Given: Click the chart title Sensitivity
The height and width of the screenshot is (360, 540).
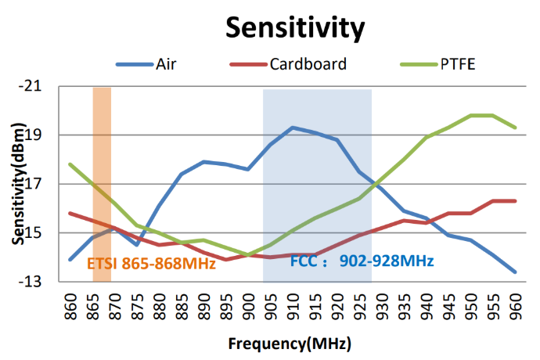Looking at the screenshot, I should click(295, 27).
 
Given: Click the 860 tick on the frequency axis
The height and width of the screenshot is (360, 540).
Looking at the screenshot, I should click(70, 304).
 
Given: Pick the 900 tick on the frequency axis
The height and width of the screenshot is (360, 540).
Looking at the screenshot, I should click(248, 304).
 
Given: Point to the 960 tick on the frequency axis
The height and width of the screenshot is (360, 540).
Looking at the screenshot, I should click(515, 304).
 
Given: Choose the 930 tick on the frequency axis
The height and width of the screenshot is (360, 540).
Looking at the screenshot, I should click(381, 304).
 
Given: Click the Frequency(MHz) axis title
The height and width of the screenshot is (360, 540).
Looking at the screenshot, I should click(290, 344).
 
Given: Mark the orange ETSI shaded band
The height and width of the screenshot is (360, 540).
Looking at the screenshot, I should click(102, 157).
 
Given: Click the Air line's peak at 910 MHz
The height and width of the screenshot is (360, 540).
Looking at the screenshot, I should click(292, 128).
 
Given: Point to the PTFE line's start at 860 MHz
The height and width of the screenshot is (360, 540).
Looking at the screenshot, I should click(70, 164).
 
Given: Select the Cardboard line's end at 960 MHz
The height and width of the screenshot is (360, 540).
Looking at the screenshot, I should click(515, 201).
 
